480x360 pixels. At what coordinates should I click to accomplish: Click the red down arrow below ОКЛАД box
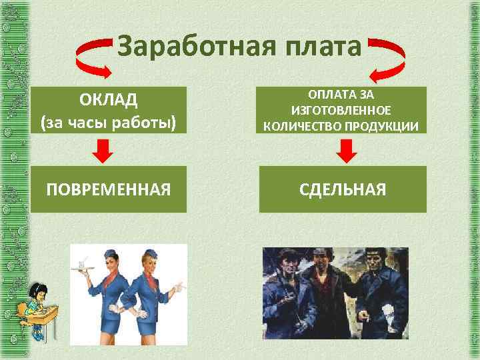point(101,151)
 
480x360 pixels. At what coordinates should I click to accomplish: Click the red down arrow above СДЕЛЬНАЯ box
point(345,151)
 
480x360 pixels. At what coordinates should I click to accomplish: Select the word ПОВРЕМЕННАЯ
point(108,189)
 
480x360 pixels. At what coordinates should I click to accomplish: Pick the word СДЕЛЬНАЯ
point(343,189)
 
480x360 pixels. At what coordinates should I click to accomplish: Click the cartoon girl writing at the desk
point(33,307)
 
